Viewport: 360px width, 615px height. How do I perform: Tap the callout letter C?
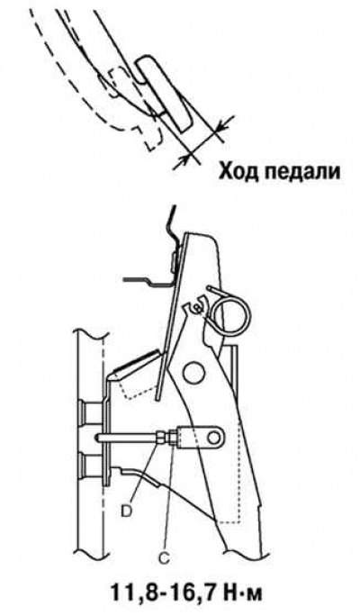(165, 558)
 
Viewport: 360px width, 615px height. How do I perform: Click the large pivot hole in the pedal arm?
(194, 372)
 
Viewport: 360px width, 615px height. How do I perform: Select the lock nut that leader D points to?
(160, 437)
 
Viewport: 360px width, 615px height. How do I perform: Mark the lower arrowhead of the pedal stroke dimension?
(184, 158)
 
